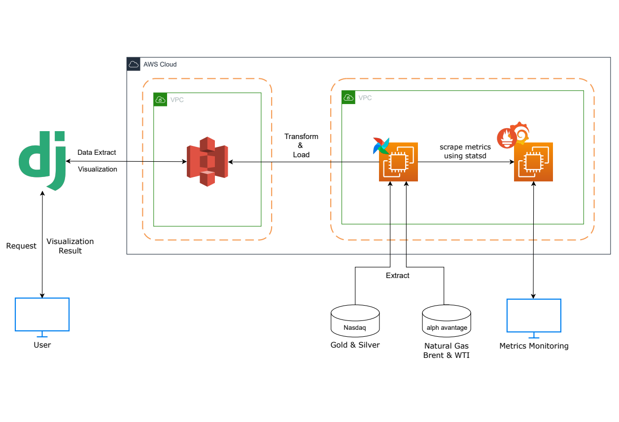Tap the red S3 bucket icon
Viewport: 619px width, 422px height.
207,162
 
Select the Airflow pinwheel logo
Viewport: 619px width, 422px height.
381,145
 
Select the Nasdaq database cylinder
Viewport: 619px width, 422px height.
355,321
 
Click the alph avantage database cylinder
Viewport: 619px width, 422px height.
447,321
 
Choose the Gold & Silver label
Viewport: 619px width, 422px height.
355,345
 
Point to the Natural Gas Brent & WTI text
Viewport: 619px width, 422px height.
447,351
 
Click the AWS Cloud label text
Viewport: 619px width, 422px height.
160,65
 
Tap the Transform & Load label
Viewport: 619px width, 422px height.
301,145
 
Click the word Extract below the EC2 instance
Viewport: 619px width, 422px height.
397,276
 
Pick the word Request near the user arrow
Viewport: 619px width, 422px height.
21,246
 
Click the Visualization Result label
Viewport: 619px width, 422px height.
70,246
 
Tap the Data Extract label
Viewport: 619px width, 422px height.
97,152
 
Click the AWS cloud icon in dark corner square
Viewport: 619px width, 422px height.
133,64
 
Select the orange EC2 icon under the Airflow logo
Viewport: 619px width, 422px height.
398,162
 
